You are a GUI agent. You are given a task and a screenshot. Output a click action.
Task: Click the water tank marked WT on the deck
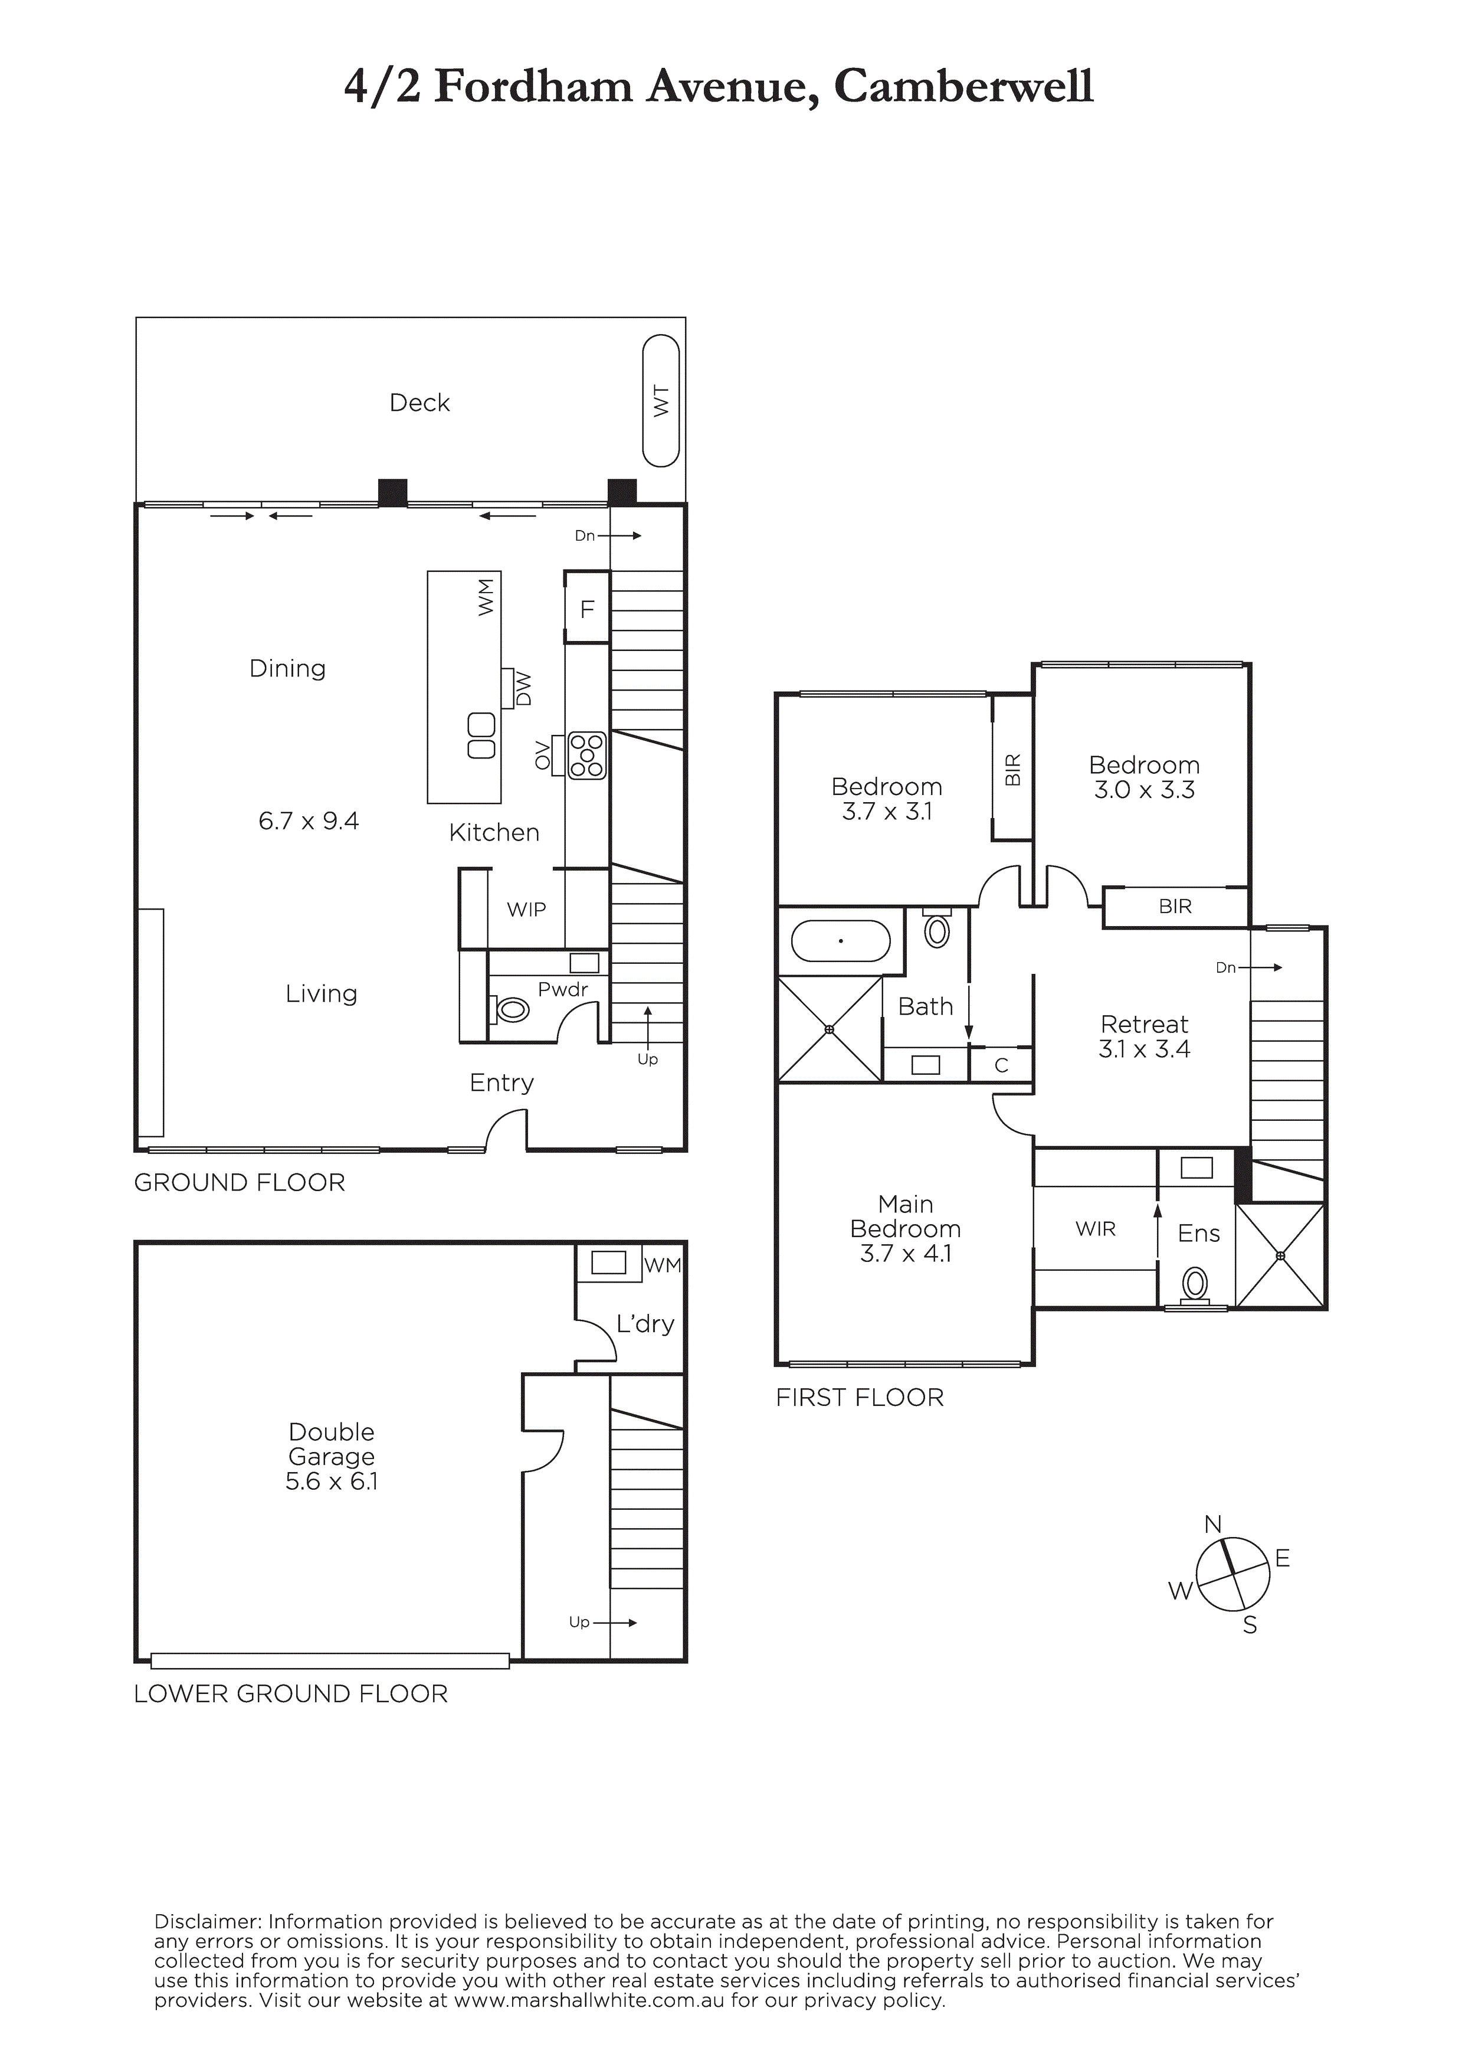[x=661, y=401]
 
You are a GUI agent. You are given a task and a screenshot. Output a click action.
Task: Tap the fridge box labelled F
[x=587, y=607]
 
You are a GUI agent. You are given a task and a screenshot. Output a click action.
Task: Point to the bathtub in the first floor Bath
[x=841, y=941]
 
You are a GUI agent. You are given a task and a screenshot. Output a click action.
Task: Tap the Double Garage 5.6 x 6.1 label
[x=332, y=1456]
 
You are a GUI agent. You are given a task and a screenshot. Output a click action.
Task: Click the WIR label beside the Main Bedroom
[x=1095, y=1229]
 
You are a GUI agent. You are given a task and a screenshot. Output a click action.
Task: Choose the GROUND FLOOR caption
[x=240, y=1183]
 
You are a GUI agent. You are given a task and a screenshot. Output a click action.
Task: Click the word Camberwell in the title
[x=963, y=87]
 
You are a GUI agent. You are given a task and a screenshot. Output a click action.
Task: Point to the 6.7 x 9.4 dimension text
[x=308, y=821]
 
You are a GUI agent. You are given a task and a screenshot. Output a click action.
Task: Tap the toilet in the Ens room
[x=1196, y=1283]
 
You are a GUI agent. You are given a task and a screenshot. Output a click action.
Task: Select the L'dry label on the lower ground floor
[x=645, y=1323]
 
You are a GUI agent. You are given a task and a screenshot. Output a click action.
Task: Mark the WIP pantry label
[x=526, y=910]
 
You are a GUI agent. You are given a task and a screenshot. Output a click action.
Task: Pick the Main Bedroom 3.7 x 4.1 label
[x=905, y=1229]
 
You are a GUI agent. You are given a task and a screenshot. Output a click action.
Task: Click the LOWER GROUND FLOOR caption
[x=291, y=1694]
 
